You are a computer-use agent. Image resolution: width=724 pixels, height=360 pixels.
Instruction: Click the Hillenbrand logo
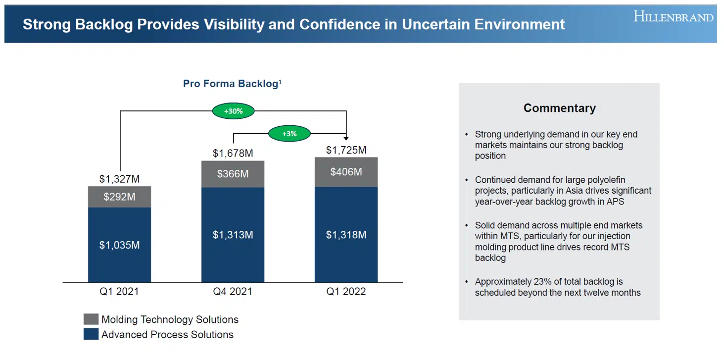point(673,17)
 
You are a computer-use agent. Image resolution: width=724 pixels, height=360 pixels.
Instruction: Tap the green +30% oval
point(233,111)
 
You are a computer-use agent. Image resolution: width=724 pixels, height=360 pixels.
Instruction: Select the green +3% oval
point(290,134)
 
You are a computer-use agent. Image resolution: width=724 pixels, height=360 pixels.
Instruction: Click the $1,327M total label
point(119,178)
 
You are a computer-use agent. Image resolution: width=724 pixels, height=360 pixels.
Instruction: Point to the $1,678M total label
point(233,153)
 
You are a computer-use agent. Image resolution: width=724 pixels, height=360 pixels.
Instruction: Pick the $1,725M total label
point(346,150)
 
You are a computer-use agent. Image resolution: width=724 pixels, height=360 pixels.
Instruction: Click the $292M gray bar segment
point(119,197)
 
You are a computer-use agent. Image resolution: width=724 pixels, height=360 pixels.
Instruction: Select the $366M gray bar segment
point(233,174)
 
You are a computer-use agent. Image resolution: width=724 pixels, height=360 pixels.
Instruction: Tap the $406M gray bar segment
point(346,172)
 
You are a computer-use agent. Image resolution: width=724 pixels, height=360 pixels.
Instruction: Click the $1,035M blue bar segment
point(119,245)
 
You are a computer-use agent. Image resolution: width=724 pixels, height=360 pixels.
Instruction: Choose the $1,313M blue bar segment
point(233,235)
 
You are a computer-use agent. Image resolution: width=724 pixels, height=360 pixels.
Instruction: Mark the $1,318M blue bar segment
point(346,235)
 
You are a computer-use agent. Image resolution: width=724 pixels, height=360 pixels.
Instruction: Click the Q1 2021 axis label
point(119,291)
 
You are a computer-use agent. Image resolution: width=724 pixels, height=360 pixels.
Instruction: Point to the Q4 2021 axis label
point(233,291)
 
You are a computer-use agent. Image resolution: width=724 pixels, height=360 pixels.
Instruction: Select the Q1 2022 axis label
point(346,291)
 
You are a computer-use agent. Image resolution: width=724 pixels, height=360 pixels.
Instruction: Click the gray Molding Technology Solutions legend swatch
point(91,319)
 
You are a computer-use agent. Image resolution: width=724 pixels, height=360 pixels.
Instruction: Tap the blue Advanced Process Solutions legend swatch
point(91,334)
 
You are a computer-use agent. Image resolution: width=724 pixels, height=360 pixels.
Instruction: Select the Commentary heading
point(559,108)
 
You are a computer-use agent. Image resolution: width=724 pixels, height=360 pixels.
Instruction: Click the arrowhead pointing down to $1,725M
point(346,138)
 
